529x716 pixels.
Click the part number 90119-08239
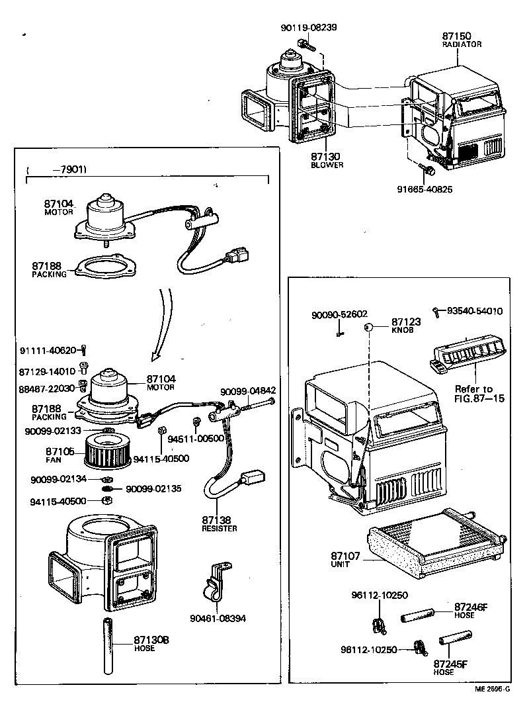(309, 27)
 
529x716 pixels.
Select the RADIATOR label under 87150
(462, 44)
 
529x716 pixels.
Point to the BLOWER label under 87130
(327, 165)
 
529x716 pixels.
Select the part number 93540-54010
(474, 310)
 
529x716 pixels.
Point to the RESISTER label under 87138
(220, 529)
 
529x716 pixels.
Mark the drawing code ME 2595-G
(492, 689)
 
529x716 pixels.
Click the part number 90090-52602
(339, 315)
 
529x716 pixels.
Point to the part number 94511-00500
(191, 438)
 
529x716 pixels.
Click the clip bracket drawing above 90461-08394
(216, 583)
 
